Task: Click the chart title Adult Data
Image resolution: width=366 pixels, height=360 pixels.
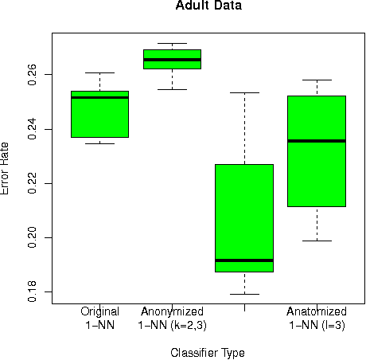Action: tap(208, 6)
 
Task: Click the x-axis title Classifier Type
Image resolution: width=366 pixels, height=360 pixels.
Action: tap(208, 352)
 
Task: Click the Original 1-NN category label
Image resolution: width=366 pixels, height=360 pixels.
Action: tap(100, 318)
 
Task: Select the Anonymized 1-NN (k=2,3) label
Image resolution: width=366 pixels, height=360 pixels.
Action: tap(172, 318)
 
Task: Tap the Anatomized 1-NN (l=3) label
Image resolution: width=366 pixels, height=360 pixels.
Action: tap(317, 318)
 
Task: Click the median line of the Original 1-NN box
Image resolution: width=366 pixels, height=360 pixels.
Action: tap(99, 97)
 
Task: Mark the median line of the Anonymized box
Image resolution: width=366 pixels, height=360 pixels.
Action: tap(172, 60)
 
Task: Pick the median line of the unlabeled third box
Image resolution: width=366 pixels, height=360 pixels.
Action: tap(244, 260)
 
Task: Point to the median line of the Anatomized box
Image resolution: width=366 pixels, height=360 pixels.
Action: tap(317, 141)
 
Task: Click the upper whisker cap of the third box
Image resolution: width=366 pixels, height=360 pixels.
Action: tap(244, 92)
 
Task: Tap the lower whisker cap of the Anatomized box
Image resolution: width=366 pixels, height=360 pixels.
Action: tap(317, 241)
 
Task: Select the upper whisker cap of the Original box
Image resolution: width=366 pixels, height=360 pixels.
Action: tap(99, 72)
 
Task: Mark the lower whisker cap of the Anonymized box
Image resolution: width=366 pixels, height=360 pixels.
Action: tap(172, 89)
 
